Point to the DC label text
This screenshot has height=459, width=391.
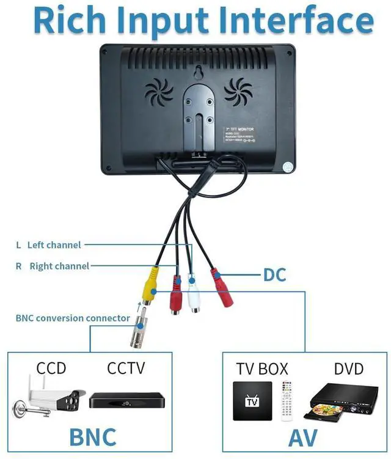pos(275,275)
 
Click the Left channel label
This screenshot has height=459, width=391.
pos(54,245)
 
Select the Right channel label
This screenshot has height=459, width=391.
pos(59,266)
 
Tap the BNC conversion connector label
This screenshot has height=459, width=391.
pos(73,318)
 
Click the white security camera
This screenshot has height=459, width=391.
pos(49,398)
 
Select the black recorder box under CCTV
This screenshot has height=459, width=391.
pos(126,400)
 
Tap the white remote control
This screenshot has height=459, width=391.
pos(286,401)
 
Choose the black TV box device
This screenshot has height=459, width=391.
pos(252,401)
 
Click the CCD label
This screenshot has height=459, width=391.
pos(51,369)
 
